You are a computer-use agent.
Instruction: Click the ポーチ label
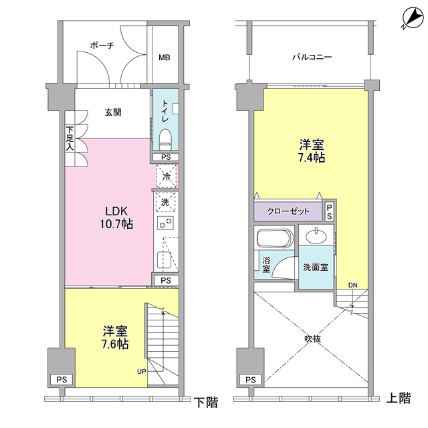(x=102, y=45)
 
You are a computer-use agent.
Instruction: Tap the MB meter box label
(x=164, y=58)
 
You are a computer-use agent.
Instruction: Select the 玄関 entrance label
(x=112, y=112)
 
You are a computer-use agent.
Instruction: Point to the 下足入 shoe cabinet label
(x=70, y=138)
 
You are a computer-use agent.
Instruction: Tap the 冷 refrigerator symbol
(x=166, y=178)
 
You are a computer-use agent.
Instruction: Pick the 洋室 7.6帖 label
(x=115, y=338)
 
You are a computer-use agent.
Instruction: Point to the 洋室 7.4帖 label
(x=311, y=151)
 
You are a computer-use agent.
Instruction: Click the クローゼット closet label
(x=288, y=211)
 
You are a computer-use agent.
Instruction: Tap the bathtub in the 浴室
(x=274, y=239)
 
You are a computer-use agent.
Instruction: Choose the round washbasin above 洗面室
(x=316, y=235)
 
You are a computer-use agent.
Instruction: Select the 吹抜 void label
(x=312, y=338)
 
